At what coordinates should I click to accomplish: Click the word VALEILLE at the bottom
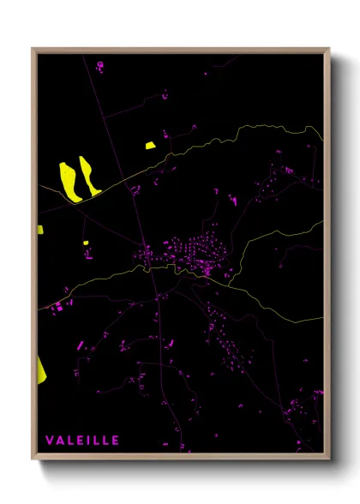82,441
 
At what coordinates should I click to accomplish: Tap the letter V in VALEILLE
50,441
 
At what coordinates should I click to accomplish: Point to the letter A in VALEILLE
60,441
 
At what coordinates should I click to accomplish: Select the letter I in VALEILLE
88,441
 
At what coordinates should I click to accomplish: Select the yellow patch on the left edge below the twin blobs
39,230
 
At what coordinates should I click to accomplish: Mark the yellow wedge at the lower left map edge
40,369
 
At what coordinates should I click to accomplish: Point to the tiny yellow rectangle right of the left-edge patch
86,243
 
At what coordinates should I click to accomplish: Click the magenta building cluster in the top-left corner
99,65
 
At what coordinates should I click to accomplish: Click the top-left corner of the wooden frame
33,48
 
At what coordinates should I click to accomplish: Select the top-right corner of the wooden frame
329,48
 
